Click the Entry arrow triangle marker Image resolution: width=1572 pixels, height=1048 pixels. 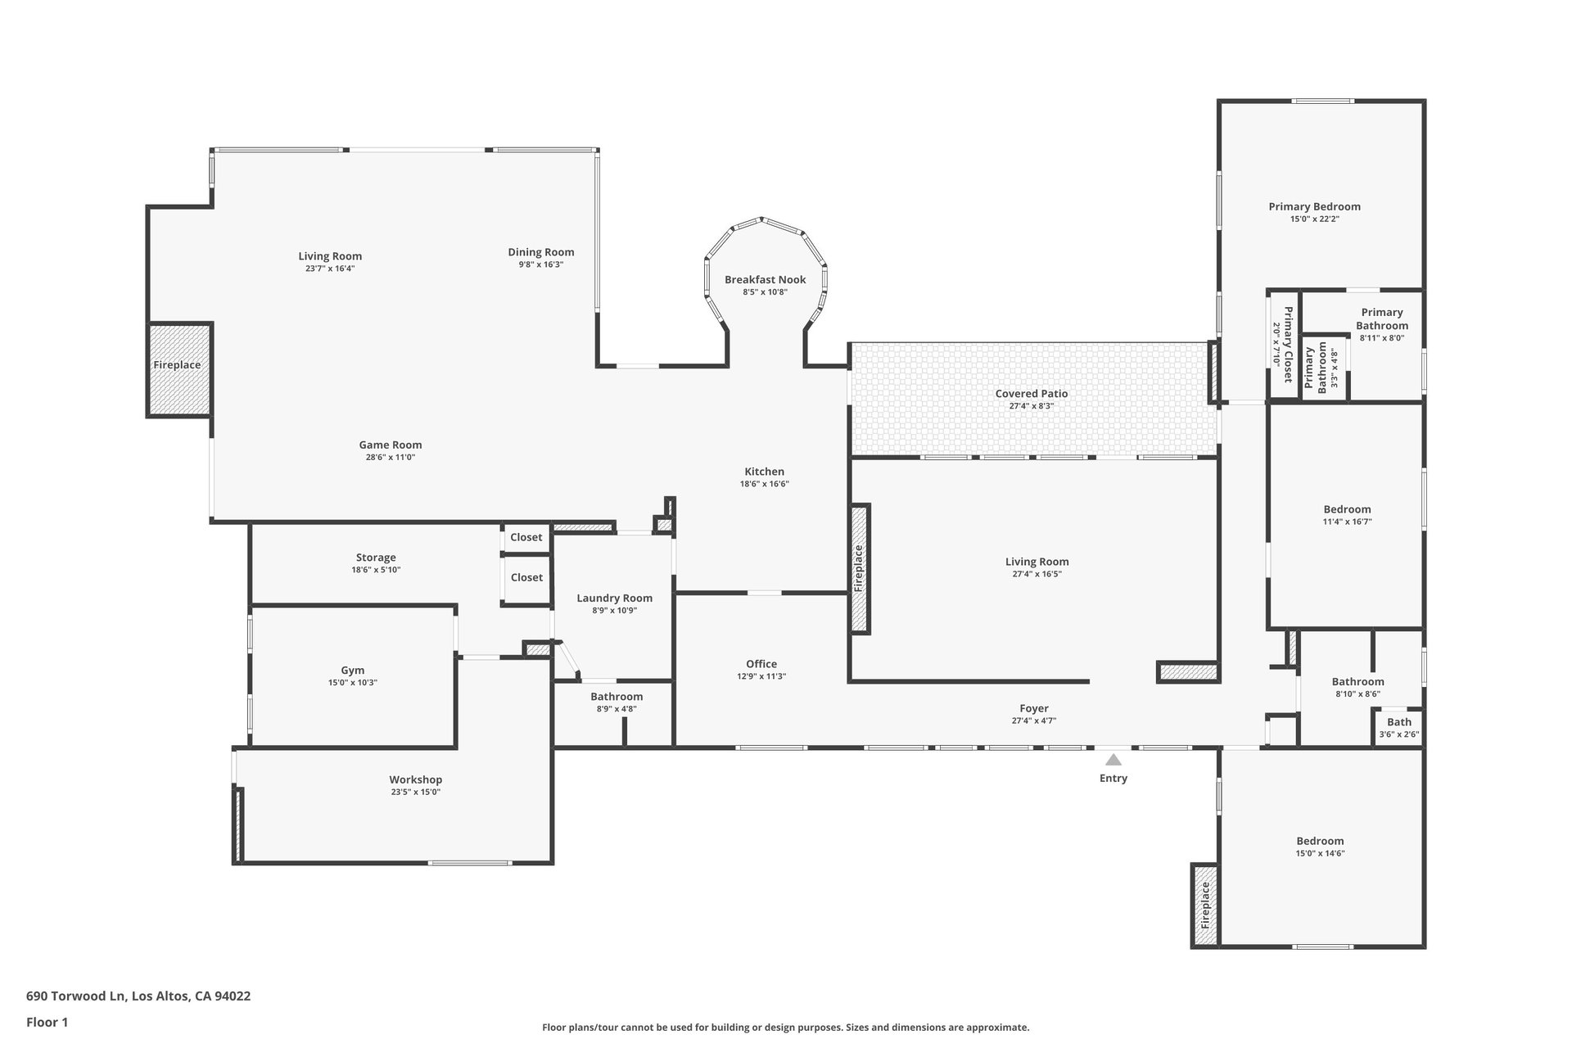click(1113, 759)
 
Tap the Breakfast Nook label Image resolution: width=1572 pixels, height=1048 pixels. click(765, 279)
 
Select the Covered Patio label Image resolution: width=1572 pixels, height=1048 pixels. click(1032, 393)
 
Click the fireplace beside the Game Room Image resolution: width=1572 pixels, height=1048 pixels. click(179, 369)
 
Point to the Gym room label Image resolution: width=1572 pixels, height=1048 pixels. click(353, 670)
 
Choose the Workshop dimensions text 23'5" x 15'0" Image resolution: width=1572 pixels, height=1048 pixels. click(416, 792)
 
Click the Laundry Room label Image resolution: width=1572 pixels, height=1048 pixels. click(614, 598)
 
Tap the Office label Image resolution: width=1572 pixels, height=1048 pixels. click(761, 664)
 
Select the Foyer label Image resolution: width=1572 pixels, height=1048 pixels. click(1034, 708)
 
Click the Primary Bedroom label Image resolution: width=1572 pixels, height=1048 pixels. click(1315, 206)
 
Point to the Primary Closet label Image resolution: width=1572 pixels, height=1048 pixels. click(1288, 345)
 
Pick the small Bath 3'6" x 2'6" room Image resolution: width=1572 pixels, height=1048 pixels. click(1398, 727)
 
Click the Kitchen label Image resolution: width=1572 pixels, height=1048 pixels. click(765, 472)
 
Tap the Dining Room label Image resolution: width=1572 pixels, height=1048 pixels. click(541, 252)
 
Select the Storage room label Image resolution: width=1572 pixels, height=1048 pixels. click(376, 558)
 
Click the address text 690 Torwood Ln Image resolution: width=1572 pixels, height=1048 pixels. click(75, 996)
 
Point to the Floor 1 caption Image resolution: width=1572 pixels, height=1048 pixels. click(47, 1022)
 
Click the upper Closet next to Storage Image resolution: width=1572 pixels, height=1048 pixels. click(526, 537)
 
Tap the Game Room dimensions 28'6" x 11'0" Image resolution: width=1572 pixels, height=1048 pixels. click(391, 458)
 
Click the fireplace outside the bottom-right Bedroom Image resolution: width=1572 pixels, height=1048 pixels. click(1205, 906)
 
